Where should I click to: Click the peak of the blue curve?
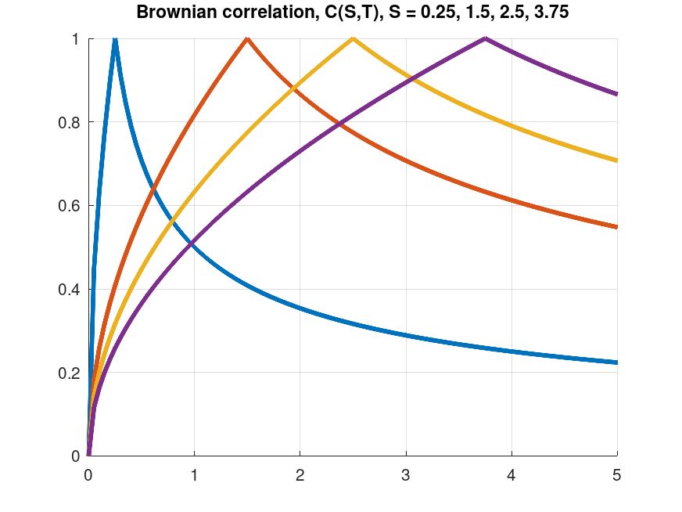(x=115, y=40)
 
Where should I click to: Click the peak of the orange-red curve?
(x=247, y=39)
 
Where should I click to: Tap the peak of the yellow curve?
(x=353, y=39)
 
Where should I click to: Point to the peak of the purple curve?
(x=486, y=39)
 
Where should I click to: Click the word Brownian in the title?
(x=173, y=13)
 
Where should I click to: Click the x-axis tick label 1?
(x=194, y=474)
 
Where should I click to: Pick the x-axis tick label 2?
(x=300, y=474)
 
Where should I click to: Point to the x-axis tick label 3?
(x=406, y=474)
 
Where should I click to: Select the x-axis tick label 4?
(x=511, y=474)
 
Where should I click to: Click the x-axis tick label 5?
(x=617, y=474)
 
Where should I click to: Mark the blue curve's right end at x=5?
(x=617, y=362)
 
